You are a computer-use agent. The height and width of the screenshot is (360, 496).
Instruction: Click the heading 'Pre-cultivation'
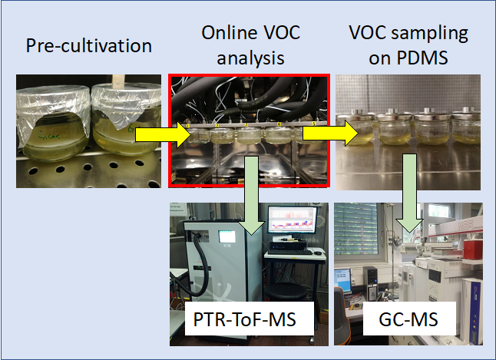(89, 45)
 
